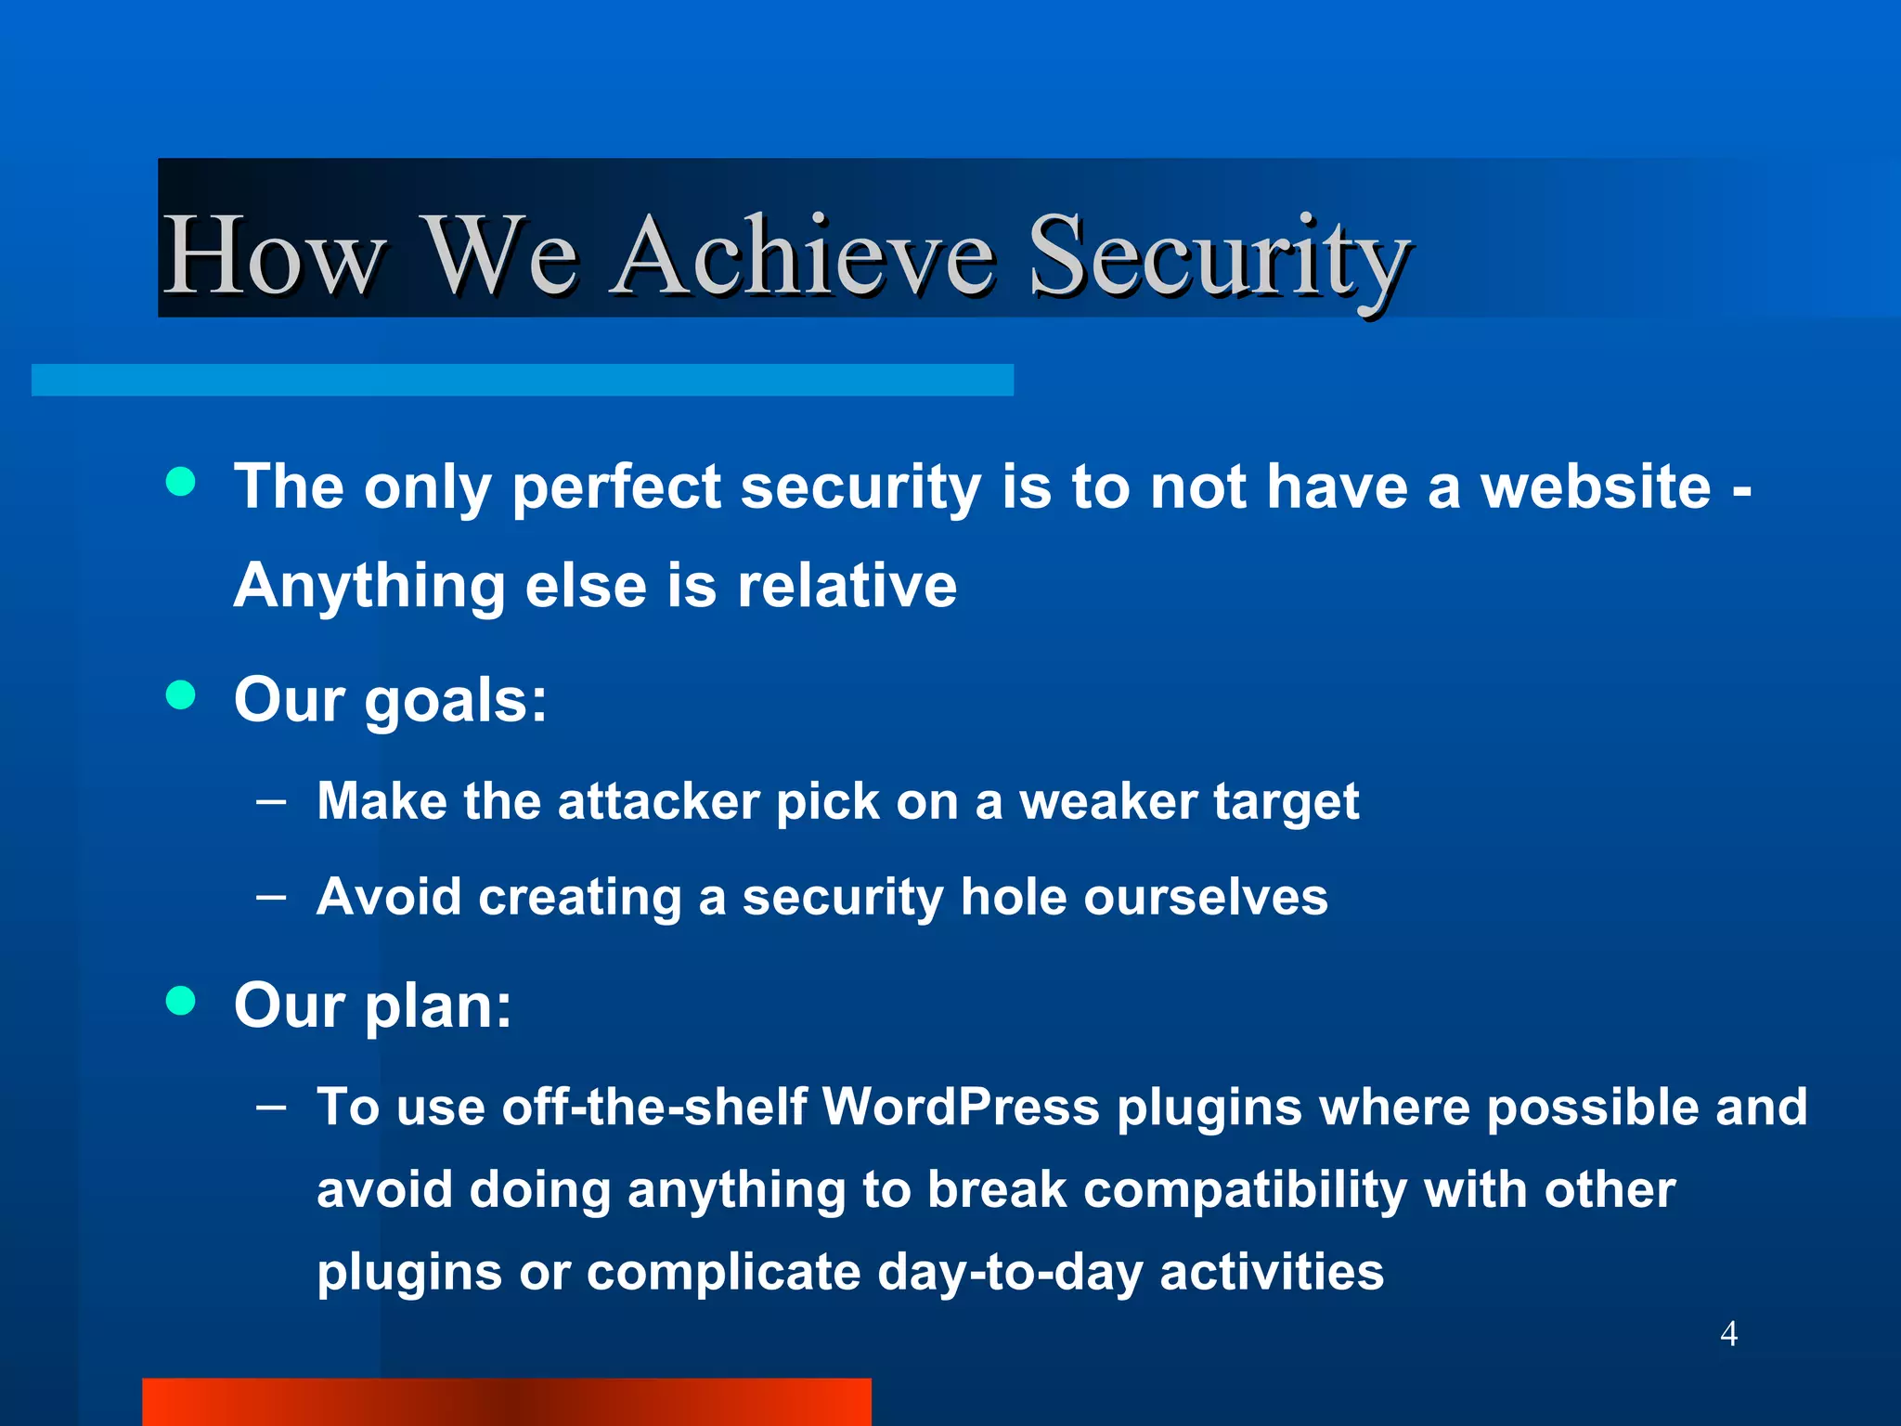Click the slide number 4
pyautogui.click(x=1728, y=1333)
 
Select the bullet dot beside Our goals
pyautogui.click(x=181, y=694)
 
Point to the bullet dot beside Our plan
pyautogui.click(x=181, y=1001)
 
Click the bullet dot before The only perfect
pyautogui.click(x=181, y=481)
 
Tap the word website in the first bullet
pyautogui.click(x=1596, y=486)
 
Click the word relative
pyautogui.click(x=847, y=586)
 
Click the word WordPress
pyautogui.click(x=960, y=1107)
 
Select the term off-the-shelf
pyautogui.click(x=653, y=1107)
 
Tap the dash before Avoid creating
pyautogui.click(x=271, y=897)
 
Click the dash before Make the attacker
pyautogui.click(x=271, y=800)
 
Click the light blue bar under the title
pyautogui.click(x=522, y=380)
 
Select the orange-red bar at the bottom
pyautogui.click(x=506, y=1402)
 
